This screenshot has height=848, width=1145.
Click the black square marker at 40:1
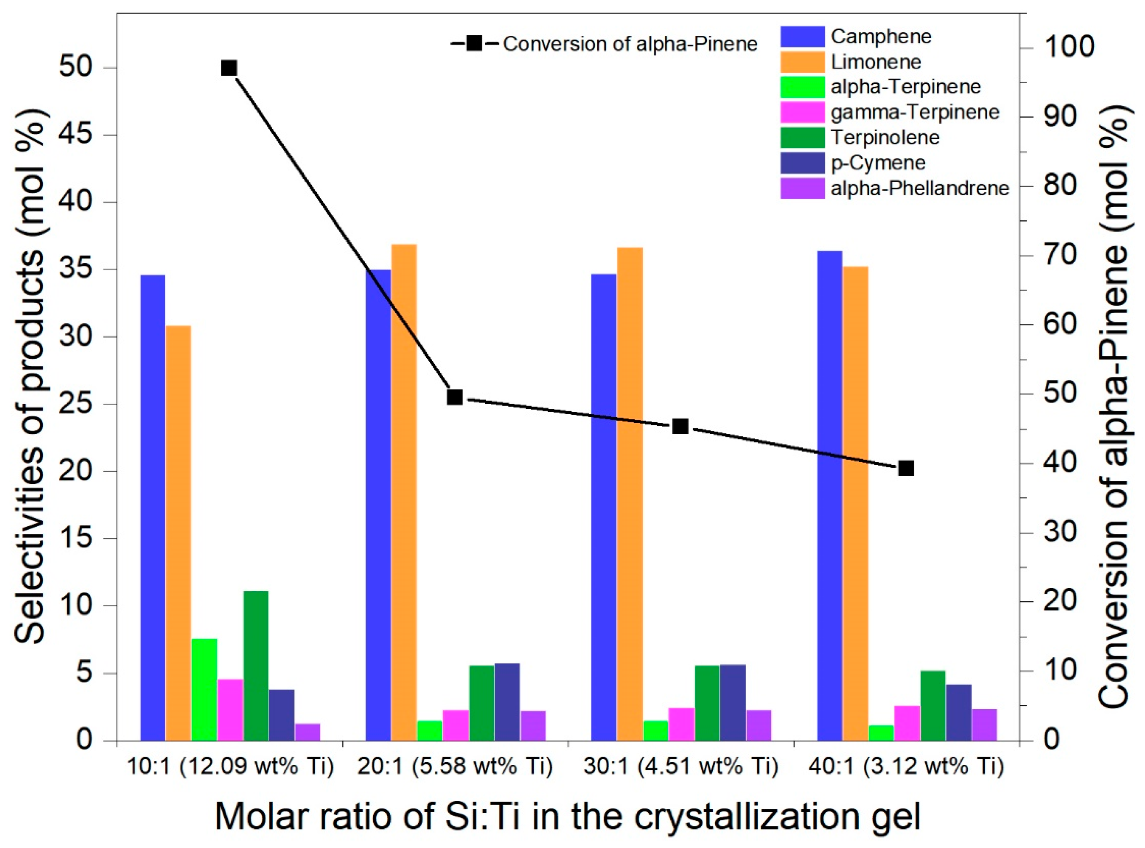tap(906, 468)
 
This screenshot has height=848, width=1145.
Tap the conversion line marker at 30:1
tap(680, 426)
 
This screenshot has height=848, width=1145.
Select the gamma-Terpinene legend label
tap(915, 112)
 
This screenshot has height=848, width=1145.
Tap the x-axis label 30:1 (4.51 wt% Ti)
tap(680, 767)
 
